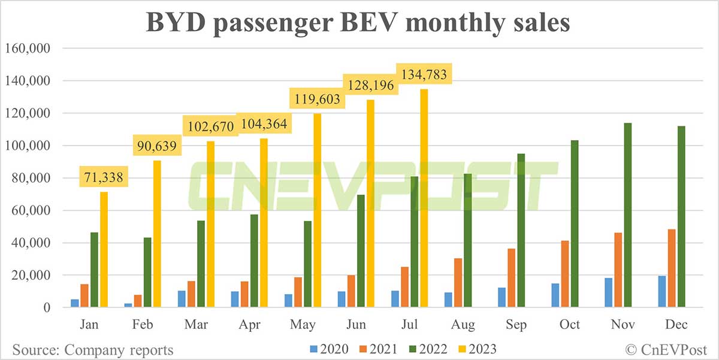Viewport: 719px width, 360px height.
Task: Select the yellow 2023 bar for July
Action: (424, 198)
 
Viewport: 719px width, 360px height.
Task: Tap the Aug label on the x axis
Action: (463, 325)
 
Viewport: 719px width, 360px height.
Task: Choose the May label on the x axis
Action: (303, 325)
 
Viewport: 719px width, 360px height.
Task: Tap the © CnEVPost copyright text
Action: (667, 349)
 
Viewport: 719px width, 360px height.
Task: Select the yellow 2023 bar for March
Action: (210, 225)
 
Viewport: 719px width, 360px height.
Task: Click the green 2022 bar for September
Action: (521, 231)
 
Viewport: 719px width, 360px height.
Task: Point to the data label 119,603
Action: (317, 99)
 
